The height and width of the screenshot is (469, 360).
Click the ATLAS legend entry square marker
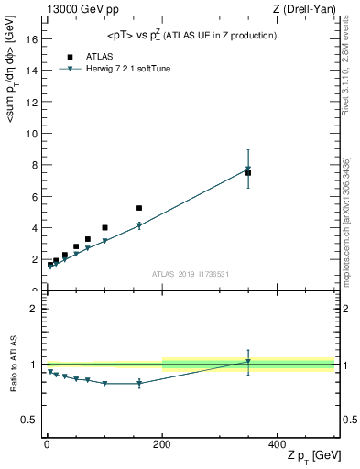[x=68, y=56]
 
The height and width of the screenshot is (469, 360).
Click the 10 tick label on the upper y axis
[x=29, y=134]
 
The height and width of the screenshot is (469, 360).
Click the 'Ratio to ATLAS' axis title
[x=13, y=364]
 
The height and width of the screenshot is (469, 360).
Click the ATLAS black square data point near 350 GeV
[x=248, y=172]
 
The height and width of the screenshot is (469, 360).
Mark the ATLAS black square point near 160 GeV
[x=139, y=208]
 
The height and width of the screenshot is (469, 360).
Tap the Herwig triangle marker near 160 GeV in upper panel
[x=139, y=225]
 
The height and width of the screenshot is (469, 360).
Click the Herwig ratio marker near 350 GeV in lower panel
[x=248, y=362]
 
